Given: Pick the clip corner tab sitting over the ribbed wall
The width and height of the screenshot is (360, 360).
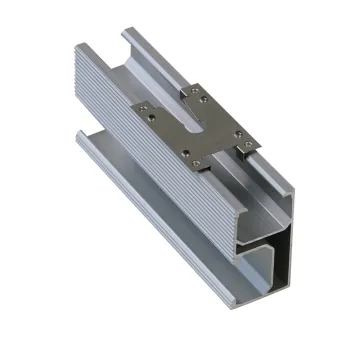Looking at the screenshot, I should point(145,115).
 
